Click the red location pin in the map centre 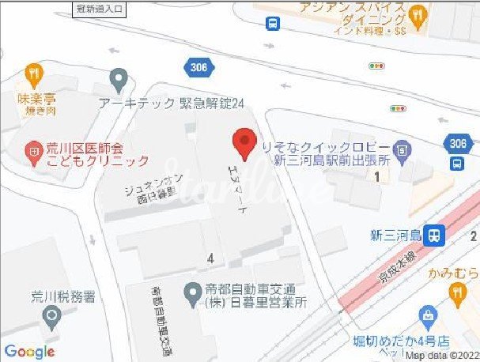(x=244, y=145)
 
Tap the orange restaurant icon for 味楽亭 (x=32, y=74)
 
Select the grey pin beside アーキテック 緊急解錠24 (x=119, y=79)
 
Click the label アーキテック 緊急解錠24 (x=172, y=103)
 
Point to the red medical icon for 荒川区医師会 (x=32, y=149)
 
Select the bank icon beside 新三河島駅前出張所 (x=403, y=149)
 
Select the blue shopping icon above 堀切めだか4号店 (x=429, y=320)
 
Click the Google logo (x=28, y=352)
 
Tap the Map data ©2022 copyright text (x=442, y=356)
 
